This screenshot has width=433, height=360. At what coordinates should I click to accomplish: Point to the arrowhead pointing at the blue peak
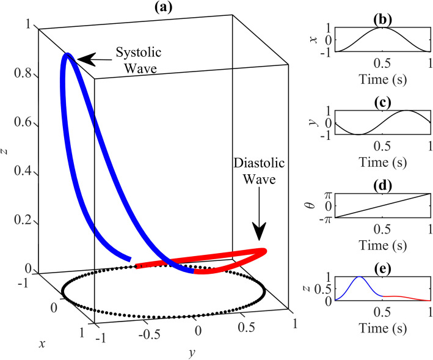pos(85,59)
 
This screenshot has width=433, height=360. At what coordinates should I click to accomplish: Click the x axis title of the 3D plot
pos(42,344)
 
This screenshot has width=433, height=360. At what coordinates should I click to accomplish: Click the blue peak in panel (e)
pos(359,277)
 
